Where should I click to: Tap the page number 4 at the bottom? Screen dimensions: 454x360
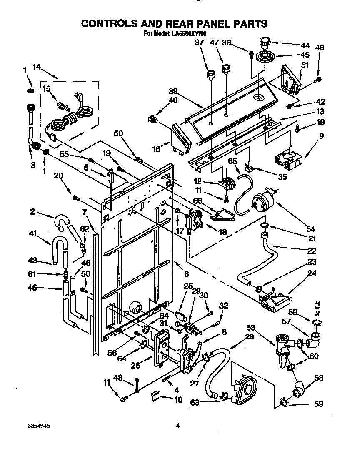[x=177, y=426]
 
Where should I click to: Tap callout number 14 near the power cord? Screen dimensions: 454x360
[x=37, y=66]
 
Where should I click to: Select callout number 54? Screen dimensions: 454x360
[x=310, y=229]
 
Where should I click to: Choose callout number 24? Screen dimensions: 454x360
[x=312, y=274]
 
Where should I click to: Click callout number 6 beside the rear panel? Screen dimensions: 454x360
[x=186, y=274]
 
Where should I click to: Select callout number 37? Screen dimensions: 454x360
[x=199, y=43]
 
